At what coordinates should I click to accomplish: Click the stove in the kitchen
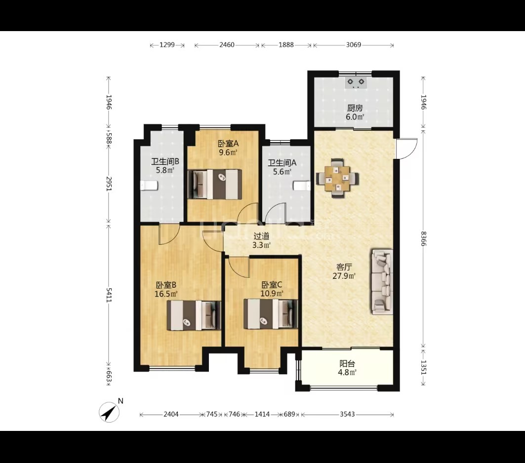(356, 82)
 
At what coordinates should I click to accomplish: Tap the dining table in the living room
(338, 178)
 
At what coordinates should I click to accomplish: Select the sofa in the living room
(382, 282)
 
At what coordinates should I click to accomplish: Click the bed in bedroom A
(215, 184)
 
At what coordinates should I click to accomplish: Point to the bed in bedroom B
(194, 315)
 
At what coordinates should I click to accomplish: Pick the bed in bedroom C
(271, 314)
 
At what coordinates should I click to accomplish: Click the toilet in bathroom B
(149, 186)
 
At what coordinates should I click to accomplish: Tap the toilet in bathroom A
(302, 186)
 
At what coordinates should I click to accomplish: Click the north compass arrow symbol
(109, 412)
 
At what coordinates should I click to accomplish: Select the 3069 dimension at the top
(354, 45)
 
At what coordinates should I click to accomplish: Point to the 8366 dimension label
(424, 238)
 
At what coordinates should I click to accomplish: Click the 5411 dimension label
(109, 295)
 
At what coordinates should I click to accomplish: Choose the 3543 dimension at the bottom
(347, 414)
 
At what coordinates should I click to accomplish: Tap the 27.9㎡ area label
(344, 276)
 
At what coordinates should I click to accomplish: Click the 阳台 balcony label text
(347, 364)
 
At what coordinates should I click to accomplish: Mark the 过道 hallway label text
(261, 236)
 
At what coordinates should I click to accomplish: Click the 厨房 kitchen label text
(355, 108)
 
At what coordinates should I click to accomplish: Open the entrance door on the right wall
(406, 149)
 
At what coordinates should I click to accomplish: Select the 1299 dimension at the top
(167, 45)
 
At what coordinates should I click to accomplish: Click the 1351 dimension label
(424, 367)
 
